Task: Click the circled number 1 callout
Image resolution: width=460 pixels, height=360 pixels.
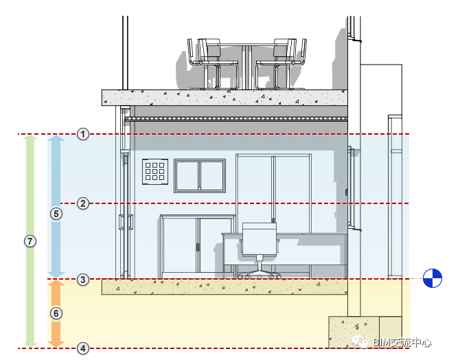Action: tap(83, 134)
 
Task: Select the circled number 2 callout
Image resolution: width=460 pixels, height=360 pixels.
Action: tap(83, 203)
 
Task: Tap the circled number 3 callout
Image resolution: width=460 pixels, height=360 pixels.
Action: tap(83, 279)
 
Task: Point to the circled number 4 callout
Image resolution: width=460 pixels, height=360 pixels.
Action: tap(83, 348)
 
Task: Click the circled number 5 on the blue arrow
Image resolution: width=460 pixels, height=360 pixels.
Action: tap(56, 214)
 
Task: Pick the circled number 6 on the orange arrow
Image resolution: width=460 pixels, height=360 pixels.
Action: tap(56, 313)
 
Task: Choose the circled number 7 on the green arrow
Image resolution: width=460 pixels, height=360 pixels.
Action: tap(30, 241)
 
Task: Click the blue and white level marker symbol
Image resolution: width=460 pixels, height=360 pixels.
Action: tap(432, 278)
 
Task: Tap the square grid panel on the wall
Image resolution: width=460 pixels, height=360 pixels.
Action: tap(155, 172)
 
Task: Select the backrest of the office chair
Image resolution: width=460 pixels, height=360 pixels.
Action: tap(260, 238)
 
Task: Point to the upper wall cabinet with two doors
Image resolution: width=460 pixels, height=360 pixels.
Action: tap(200, 176)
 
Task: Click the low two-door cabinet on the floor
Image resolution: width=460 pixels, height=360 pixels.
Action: tap(198, 247)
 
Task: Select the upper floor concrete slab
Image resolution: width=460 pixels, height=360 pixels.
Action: tap(225, 98)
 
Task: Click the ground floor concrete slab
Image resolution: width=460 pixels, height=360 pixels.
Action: tap(225, 286)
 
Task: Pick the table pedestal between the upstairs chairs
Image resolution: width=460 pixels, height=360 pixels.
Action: tap(246, 67)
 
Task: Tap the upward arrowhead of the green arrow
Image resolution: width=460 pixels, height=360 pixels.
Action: tap(30, 137)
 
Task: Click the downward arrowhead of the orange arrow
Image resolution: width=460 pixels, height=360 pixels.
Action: tap(56, 344)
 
